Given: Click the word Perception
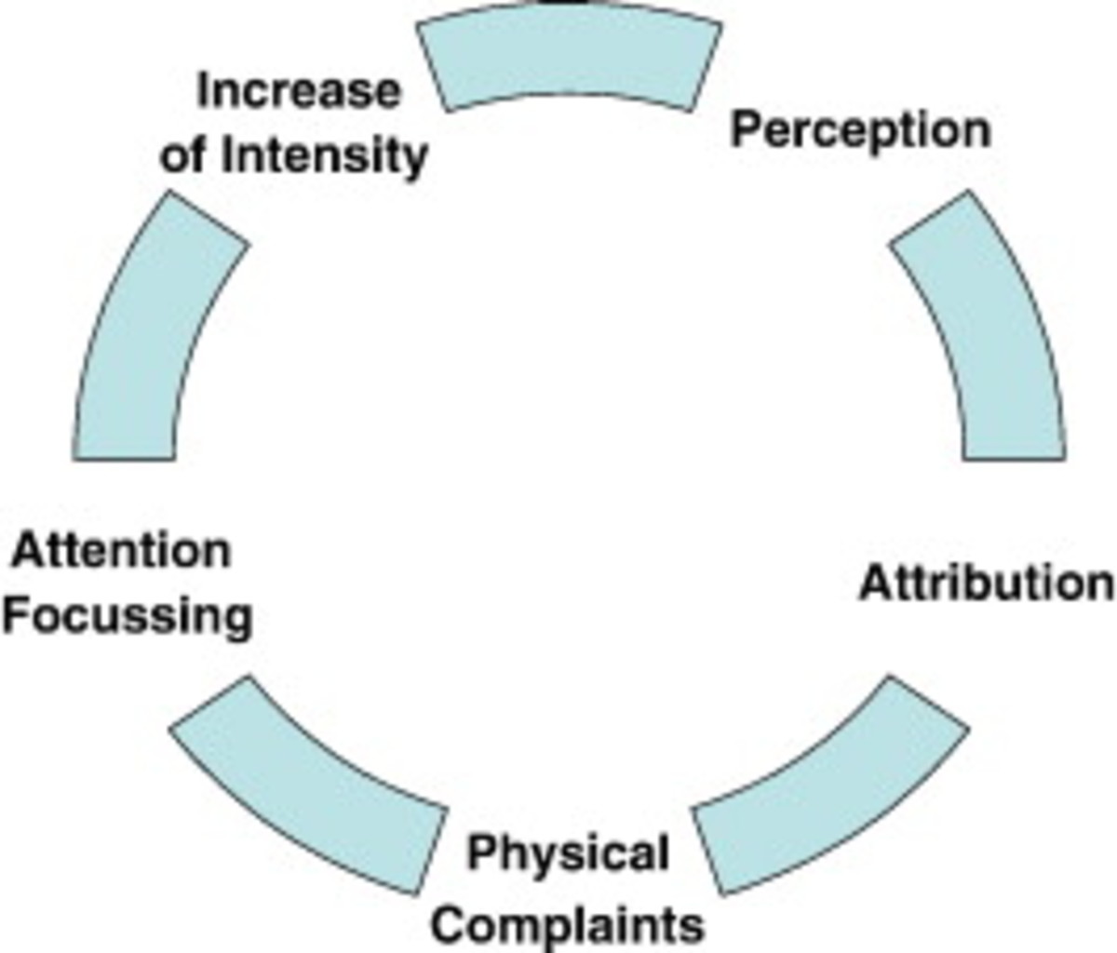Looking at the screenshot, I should click(860, 130).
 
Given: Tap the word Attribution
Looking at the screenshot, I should click(986, 584).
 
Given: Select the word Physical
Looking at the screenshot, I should click(568, 852).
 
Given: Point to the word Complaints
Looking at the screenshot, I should click(568, 925).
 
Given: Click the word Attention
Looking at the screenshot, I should click(120, 551).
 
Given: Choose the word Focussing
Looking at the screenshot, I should click(128, 616).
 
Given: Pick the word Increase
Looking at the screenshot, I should click(299, 91).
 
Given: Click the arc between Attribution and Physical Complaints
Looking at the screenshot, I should click(828, 791).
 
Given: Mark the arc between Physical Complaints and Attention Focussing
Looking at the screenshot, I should click(307, 791).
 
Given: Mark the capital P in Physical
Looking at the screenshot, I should click(480, 852).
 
